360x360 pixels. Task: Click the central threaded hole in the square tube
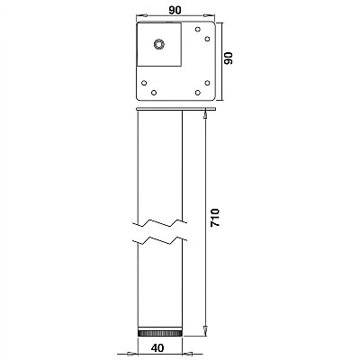(x=159, y=43)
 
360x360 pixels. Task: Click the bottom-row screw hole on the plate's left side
(x=153, y=92)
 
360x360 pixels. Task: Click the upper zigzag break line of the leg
(x=159, y=220)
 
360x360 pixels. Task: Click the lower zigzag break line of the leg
(x=159, y=241)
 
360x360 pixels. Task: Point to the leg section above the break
(x=159, y=162)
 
